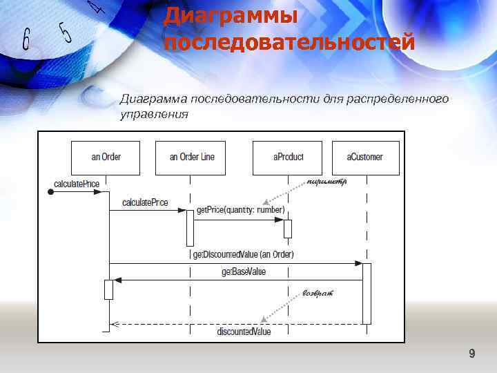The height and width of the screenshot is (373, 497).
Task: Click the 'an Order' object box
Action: tap(106, 157)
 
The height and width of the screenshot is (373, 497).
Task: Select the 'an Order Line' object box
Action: tap(192, 157)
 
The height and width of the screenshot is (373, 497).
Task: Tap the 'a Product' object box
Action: tap(288, 157)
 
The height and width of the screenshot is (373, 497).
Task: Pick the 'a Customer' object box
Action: tap(365, 157)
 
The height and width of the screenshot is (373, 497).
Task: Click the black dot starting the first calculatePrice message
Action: tap(50, 193)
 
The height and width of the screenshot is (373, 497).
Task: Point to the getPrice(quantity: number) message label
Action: tap(240, 210)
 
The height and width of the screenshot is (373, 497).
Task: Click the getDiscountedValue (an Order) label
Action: tap(243, 254)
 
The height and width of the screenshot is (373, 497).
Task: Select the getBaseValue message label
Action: tap(243, 272)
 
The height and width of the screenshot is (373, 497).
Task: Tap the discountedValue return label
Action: tap(244, 332)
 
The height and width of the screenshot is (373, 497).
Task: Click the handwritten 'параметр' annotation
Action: tap(327, 182)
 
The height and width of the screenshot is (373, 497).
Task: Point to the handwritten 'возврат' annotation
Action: tap(318, 294)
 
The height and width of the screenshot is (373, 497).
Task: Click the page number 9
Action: tap(471, 354)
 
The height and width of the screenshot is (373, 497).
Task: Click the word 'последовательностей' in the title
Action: tap(289, 42)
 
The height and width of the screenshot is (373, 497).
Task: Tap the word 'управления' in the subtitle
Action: tap(154, 114)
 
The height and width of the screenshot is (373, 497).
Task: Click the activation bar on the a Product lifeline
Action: tap(288, 229)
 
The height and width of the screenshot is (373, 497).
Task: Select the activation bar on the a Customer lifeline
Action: tap(367, 293)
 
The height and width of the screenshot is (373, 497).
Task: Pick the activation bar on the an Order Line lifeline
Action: tap(190, 228)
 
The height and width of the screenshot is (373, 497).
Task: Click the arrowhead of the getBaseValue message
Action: tap(118, 280)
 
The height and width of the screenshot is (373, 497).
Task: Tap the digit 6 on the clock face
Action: tap(26, 39)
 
